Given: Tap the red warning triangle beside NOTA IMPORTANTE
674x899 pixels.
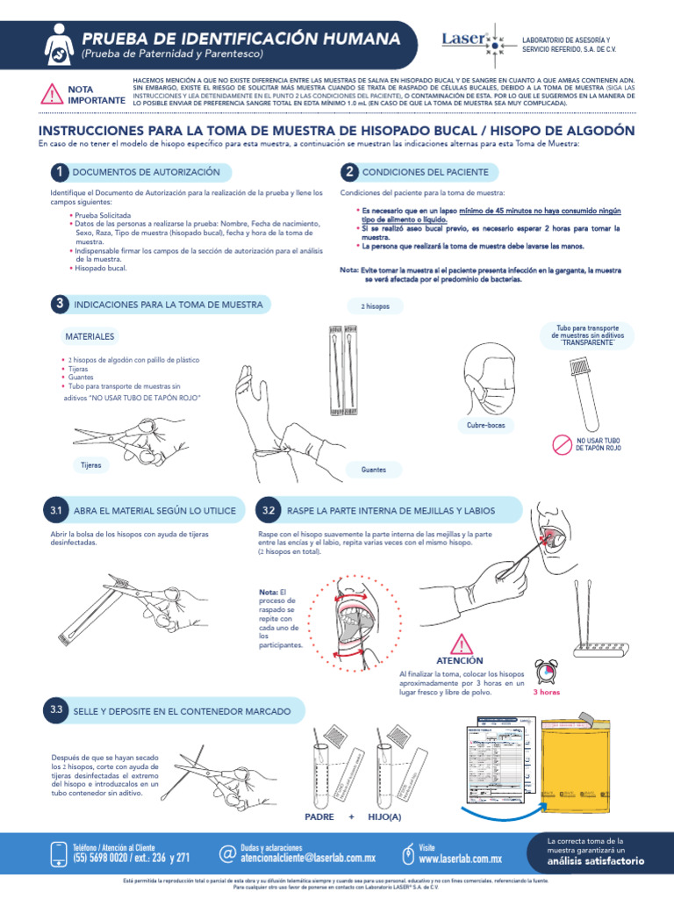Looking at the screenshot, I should pyautogui.click(x=53, y=94).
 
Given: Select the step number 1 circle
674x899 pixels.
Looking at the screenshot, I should pyautogui.click(x=59, y=171).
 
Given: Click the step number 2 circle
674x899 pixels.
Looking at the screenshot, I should pyautogui.click(x=349, y=171).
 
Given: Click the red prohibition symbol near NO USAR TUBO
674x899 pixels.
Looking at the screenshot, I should pyautogui.click(x=561, y=444).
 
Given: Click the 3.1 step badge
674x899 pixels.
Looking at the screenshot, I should pyautogui.click(x=56, y=510).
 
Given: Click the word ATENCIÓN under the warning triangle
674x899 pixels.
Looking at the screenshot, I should pyautogui.click(x=460, y=660).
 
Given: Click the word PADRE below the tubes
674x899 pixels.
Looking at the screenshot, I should pyautogui.click(x=319, y=816).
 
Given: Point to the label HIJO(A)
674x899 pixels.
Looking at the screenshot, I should pyautogui.click(x=384, y=816).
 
